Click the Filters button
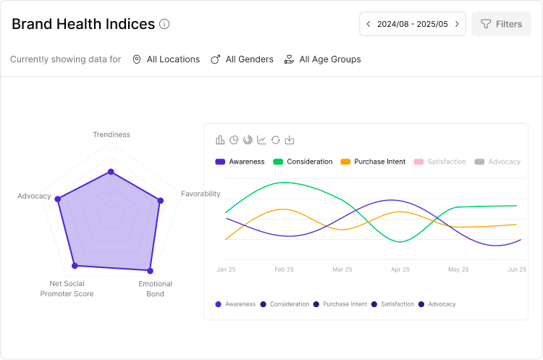click(501, 24)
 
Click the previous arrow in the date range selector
click(369, 24)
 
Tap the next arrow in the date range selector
click(457, 24)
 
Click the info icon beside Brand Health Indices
click(164, 24)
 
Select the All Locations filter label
click(173, 59)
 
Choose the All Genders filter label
click(249, 59)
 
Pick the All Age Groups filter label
click(329, 59)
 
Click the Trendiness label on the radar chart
click(111, 135)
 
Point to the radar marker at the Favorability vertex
click(161, 201)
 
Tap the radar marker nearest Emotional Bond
click(151, 269)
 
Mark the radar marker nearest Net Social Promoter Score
click(75, 266)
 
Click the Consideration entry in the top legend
click(309, 162)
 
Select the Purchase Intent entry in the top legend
click(379, 162)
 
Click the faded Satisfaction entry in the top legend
click(446, 162)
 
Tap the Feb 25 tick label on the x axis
click(284, 269)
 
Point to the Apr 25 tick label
click(400, 269)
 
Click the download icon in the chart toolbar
click(290, 140)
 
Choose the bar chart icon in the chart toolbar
click(220, 140)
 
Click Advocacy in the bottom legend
click(442, 304)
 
